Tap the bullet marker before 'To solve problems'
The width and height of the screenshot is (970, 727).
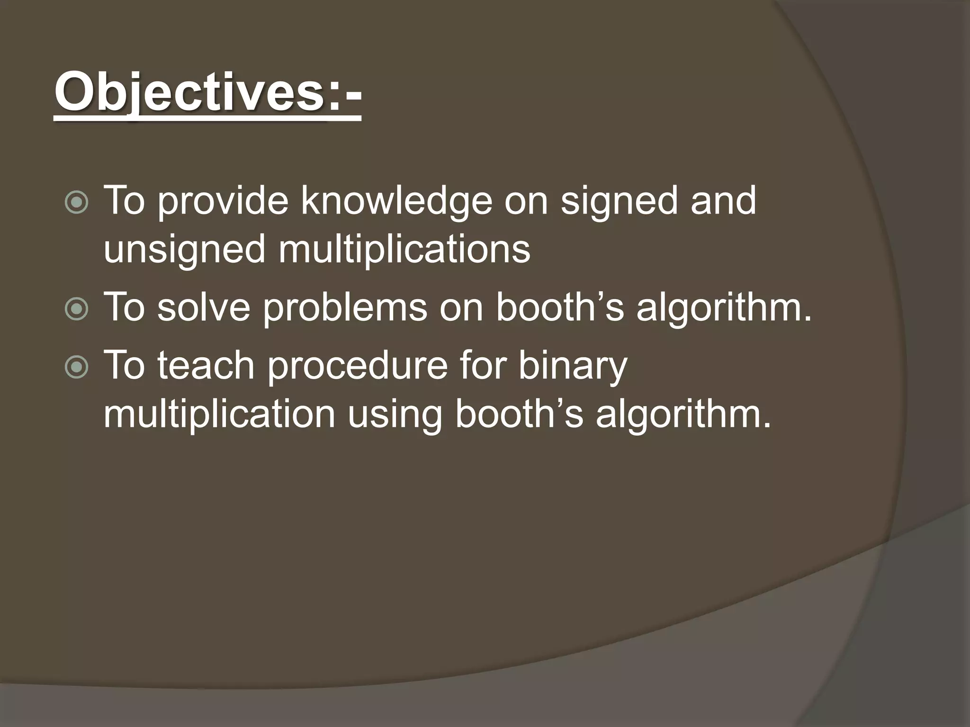(76, 310)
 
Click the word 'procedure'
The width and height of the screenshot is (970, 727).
(358, 366)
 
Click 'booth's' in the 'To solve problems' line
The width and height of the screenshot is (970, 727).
(560, 307)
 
